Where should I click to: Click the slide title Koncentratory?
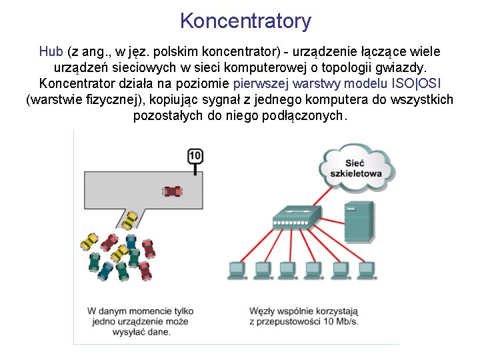pos(245,21)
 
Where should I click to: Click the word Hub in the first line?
pos(51,52)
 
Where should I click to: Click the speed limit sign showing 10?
pos(195,157)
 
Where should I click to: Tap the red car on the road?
pos(172,191)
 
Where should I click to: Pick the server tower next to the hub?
pos(359,222)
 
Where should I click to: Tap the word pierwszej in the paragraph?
pos(260,84)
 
